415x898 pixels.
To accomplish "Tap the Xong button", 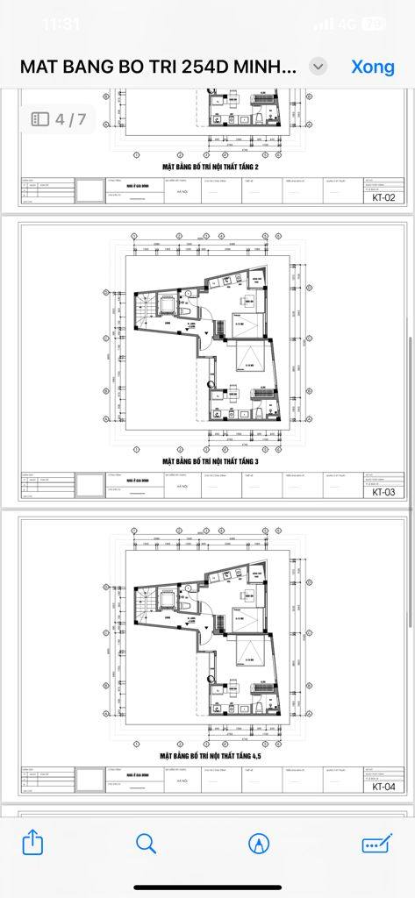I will click(373, 67).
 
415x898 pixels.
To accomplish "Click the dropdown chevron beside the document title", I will click(319, 67).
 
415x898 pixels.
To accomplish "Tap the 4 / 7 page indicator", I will click(60, 118).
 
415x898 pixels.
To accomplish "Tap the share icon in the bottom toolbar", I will click(32, 843).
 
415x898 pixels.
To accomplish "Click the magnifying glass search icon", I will click(146, 843).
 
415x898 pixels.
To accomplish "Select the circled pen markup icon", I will click(259, 843).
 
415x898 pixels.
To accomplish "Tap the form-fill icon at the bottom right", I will click(376, 843).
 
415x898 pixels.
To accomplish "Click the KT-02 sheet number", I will click(383, 197).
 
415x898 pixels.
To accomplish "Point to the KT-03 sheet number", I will click(383, 492).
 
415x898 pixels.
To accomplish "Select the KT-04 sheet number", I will click(383, 787).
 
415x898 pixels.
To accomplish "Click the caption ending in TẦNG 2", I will click(211, 165).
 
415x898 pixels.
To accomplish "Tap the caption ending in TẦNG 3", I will click(211, 460).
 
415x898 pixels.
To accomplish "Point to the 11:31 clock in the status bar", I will click(61, 24).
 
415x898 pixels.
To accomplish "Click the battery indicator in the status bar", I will click(374, 24).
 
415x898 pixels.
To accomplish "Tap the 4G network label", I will click(347, 24).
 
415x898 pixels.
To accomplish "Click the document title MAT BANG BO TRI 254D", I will click(160, 67).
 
